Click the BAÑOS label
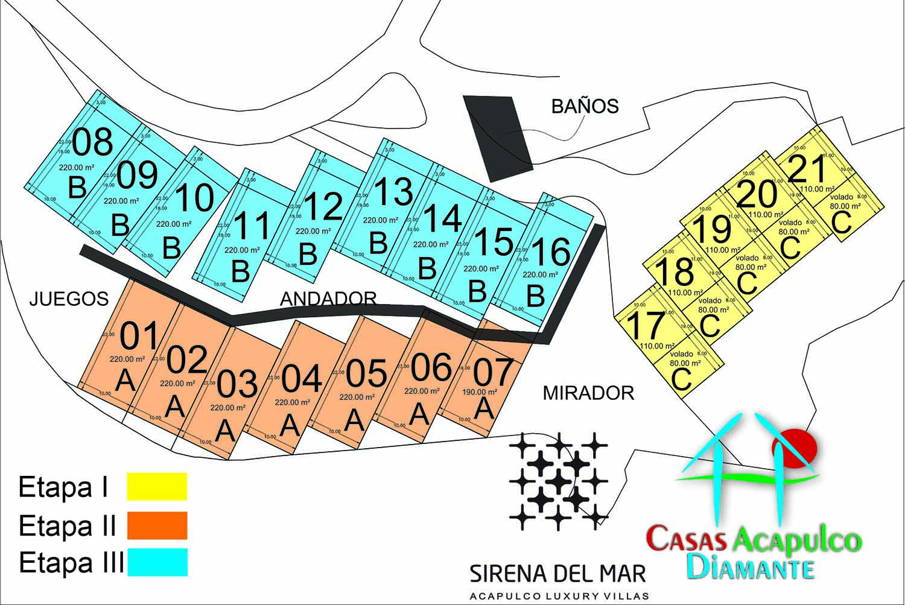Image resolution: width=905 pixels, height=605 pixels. [585, 106]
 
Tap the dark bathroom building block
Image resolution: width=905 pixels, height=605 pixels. [498, 138]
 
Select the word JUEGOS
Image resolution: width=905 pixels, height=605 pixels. [69, 298]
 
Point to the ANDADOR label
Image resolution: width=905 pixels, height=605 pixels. [328, 298]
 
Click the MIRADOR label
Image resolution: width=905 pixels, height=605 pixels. [588, 393]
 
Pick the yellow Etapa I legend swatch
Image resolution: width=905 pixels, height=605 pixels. [157, 486]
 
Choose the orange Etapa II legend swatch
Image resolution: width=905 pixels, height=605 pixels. [157, 525]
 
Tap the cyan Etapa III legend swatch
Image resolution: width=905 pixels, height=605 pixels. [157, 562]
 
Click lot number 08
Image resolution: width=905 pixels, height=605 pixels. [92, 142]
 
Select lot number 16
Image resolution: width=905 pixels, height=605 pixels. [550, 252]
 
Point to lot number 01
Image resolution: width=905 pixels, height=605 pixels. [139, 336]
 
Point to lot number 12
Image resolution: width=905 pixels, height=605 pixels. [323, 206]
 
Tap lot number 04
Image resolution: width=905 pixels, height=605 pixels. [302, 379]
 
